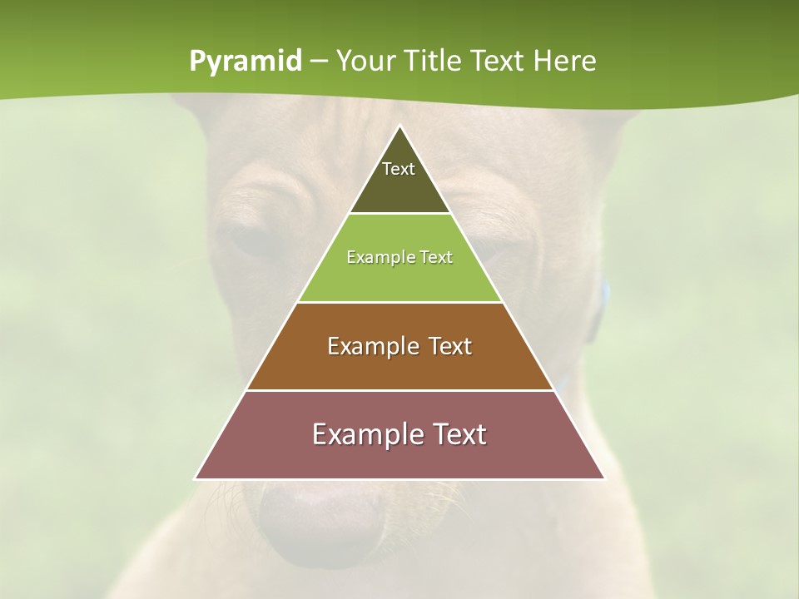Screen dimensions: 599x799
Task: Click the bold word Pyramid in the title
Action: (x=245, y=62)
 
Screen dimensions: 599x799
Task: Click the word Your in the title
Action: (x=365, y=62)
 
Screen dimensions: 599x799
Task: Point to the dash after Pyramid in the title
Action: (x=318, y=62)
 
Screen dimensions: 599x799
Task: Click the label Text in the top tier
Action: (x=399, y=169)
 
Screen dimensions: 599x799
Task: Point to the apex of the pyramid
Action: (x=399, y=126)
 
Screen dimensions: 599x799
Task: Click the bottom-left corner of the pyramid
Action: (x=196, y=478)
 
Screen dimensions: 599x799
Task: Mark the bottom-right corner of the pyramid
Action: (x=603, y=478)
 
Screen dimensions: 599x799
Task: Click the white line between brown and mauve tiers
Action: (x=399, y=390)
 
